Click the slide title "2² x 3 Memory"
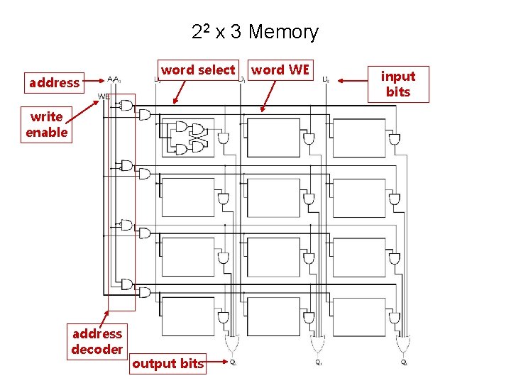(x=255, y=32)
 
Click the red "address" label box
(x=54, y=83)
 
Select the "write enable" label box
(x=46, y=125)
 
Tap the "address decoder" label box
(x=97, y=341)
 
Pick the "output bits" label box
(x=167, y=364)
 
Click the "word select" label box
(x=197, y=70)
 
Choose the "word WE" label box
(x=280, y=70)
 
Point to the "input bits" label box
(x=398, y=84)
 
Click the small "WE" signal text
(x=104, y=96)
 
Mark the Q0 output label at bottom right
(x=404, y=362)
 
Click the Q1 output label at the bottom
(x=319, y=362)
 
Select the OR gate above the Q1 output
(x=317, y=345)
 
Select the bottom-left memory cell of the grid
(x=188, y=316)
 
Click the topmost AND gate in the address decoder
(x=126, y=106)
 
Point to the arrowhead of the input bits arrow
(x=336, y=81)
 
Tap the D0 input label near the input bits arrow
(x=325, y=80)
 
